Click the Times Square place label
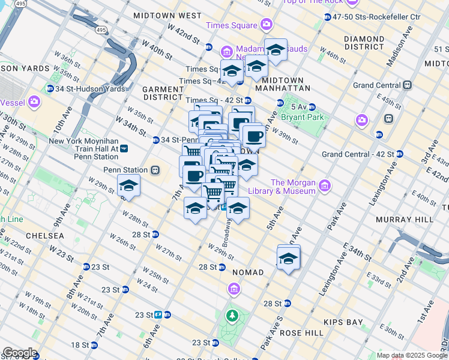(231, 25)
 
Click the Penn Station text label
(125, 170)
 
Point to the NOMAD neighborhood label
(248, 272)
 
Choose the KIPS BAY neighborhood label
(343, 322)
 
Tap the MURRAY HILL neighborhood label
(404, 220)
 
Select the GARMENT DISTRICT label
(163, 93)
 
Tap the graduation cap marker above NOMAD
(288, 258)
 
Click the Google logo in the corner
(20, 353)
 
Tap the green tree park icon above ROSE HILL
(232, 315)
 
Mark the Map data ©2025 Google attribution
(411, 355)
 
